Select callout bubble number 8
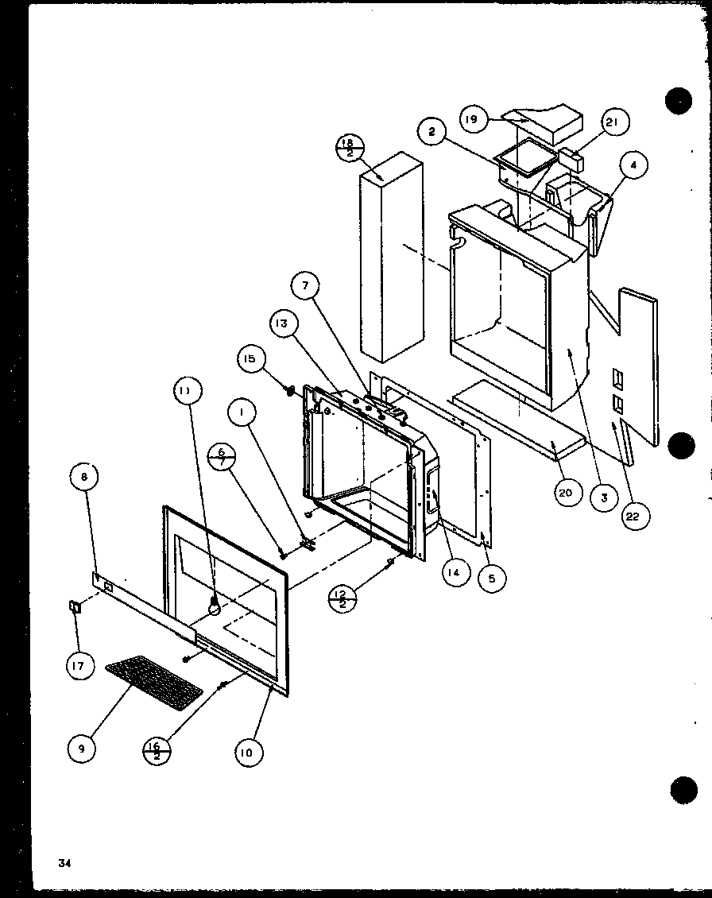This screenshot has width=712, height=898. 85,478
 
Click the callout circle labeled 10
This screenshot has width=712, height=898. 249,752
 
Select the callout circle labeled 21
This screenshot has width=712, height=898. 613,122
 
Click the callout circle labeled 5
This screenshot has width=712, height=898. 490,579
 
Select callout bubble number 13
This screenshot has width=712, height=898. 283,325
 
